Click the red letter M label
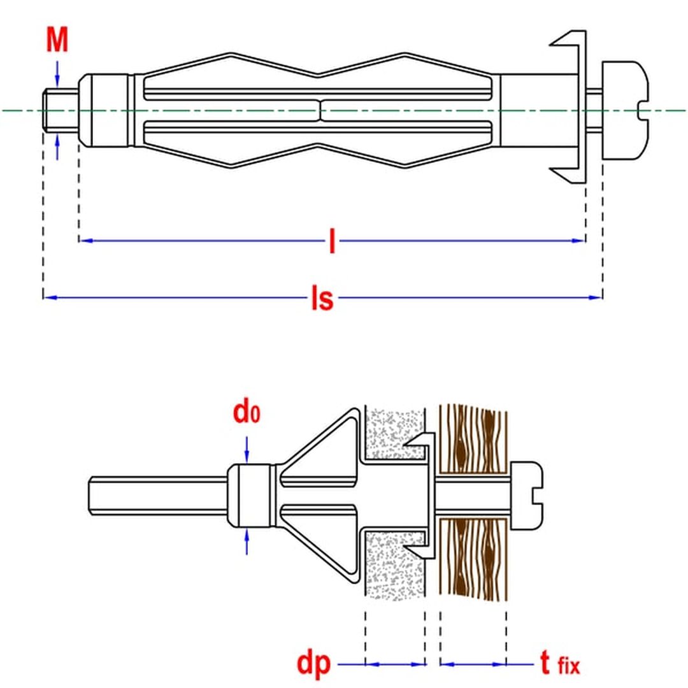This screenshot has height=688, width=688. click(57, 40)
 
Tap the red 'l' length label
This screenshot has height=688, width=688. click(332, 241)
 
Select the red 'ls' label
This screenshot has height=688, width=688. click(322, 298)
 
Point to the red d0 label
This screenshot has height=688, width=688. click(247, 412)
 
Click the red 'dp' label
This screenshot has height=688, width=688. click(313, 664)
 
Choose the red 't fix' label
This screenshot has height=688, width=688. click(560, 663)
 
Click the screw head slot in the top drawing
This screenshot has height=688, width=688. click(643, 110)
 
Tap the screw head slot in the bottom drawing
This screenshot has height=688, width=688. click(538, 496)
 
